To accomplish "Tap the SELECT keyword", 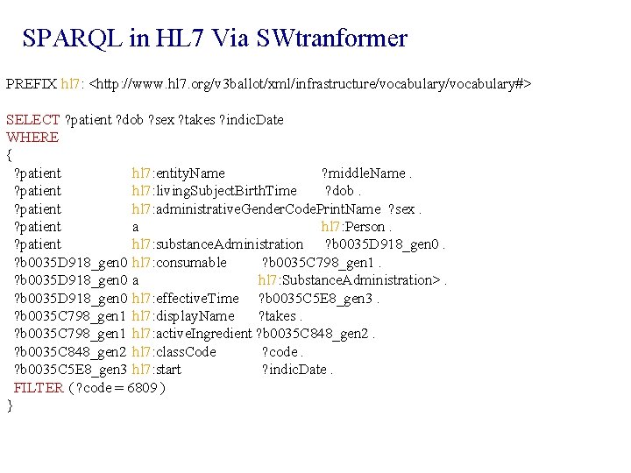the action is click(33, 119).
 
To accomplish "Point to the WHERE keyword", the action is click(32, 138).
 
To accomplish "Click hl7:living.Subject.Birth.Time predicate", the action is click(214, 191).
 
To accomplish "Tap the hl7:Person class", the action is click(353, 227).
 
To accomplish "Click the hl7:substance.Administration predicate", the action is click(217, 244).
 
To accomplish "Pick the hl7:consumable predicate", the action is click(179, 263).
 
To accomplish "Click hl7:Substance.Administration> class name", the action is click(351, 280).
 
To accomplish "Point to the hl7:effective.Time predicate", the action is click(185, 299).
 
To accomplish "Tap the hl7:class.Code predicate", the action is click(174, 352).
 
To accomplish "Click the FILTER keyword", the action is click(39, 388).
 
